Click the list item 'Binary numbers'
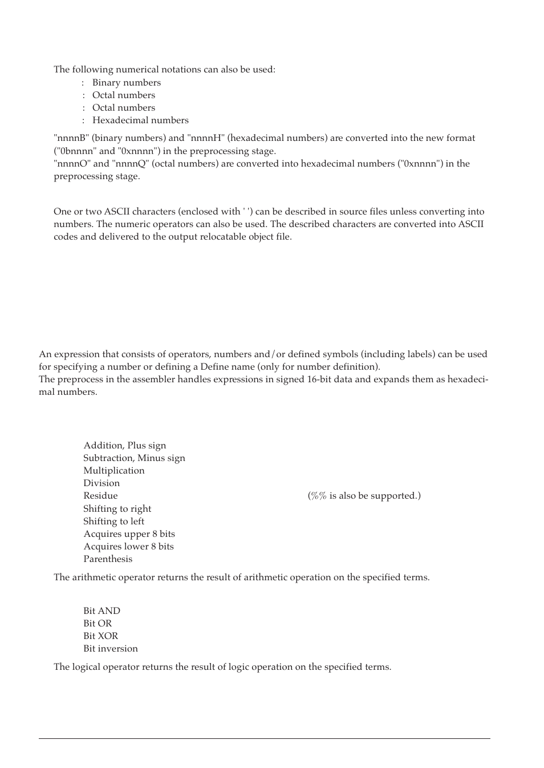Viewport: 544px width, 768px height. (x=127, y=83)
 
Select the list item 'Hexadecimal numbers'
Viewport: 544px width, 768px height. (x=140, y=120)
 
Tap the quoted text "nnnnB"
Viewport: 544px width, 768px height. (x=71, y=138)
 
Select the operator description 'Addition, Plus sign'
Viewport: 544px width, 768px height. (x=124, y=446)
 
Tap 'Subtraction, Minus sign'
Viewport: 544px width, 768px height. (x=134, y=458)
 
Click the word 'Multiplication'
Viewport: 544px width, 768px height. (x=114, y=471)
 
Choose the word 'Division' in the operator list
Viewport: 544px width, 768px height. (x=102, y=483)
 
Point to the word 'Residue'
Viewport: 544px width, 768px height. (x=100, y=496)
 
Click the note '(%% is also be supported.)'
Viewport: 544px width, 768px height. (x=364, y=496)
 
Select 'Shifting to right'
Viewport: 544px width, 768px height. (x=117, y=509)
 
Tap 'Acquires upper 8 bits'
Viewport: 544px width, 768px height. (x=129, y=534)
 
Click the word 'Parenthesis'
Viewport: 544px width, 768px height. (x=108, y=559)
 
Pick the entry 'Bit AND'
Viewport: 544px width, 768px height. (x=102, y=611)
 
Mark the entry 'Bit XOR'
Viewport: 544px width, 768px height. (x=100, y=636)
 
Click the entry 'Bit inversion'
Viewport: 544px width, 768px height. (x=111, y=649)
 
